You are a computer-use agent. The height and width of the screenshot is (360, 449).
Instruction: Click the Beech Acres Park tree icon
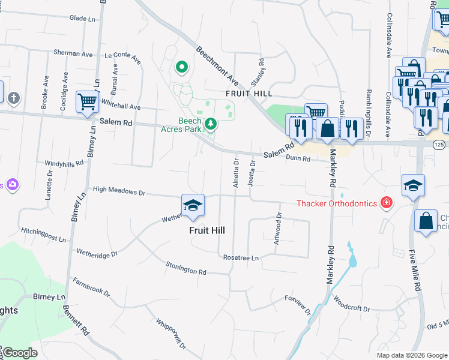click(210, 124)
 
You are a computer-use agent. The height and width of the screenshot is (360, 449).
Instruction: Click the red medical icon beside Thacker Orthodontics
click(386, 203)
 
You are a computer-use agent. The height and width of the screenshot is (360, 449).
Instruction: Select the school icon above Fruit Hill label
click(193, 206)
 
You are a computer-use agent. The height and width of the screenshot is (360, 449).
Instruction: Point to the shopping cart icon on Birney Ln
click(88, 102)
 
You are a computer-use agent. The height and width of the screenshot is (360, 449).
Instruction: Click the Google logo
click(19, 353)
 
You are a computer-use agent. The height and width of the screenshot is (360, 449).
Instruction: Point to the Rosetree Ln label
click(240, 257)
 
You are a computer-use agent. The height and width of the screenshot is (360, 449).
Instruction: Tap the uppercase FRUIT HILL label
click(249, 94)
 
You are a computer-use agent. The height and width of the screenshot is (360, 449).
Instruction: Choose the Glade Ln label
click(83, 19)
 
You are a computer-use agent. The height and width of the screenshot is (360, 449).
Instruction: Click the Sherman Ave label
click(73, 53)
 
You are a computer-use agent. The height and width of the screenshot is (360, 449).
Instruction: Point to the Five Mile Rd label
click(414, 271)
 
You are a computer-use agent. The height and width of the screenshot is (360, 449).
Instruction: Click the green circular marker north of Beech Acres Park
click(181, 68)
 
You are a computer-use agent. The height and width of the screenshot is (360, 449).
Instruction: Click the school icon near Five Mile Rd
click(414, 185)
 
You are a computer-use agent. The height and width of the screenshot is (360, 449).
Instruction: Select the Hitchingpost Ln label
click(43, 235)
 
